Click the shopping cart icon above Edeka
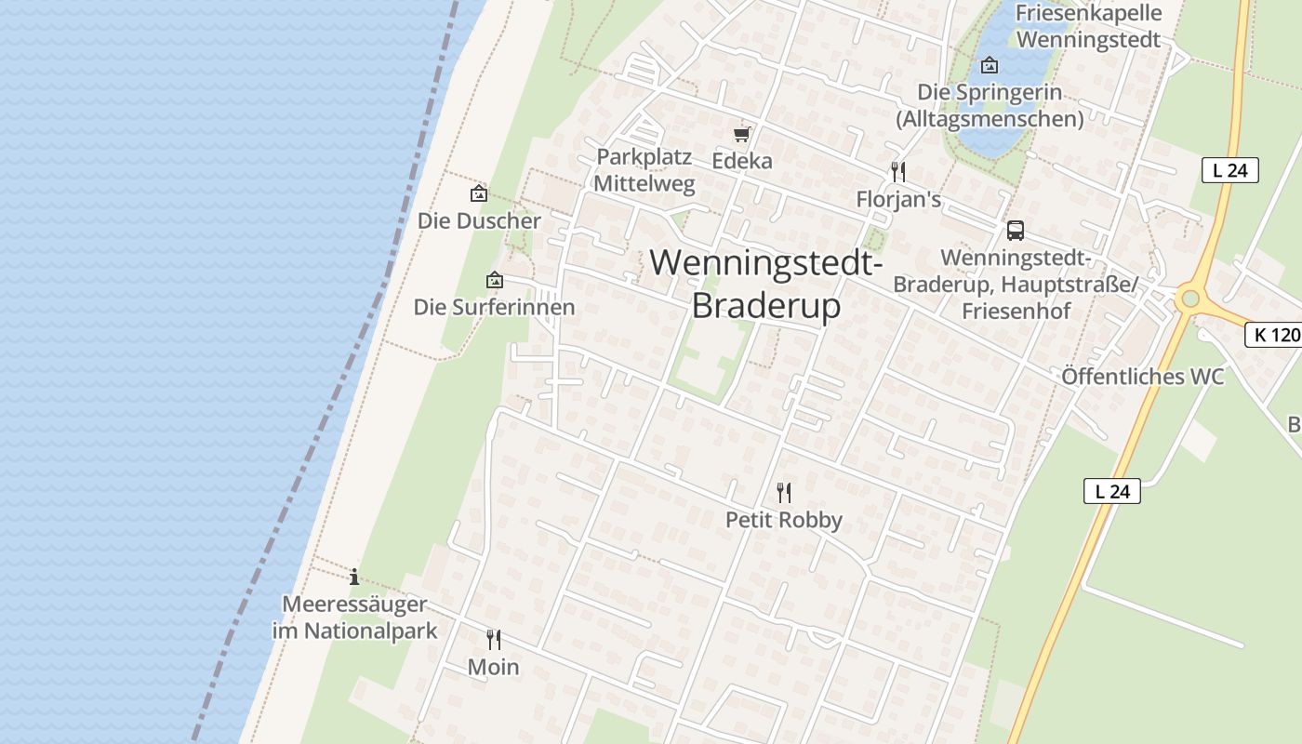[x=741, y=134]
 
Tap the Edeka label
[x=742, y=161]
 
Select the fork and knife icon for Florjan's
[x=897, y=172]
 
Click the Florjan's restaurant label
[x=898, y=200]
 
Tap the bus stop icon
[x=1015, y=230]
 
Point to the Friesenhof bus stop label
[x=1016, y=284]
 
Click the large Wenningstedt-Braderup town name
[x=766, y=284]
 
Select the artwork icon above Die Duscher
[x=479, y=193]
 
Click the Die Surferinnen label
[x=494, y=307]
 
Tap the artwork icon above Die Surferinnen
[x=495, y=279]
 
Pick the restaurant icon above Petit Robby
[x=784, y=492]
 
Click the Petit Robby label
[x=784, y=520]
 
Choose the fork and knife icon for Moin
[x=493, y=640]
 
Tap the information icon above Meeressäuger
[x=354, y=577]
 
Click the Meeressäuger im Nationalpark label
[x=354, y=618]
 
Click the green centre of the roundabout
[x=1189, y=299]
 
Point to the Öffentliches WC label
[x=1143, y=377]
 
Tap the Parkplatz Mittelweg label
[x=644, y=170]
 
